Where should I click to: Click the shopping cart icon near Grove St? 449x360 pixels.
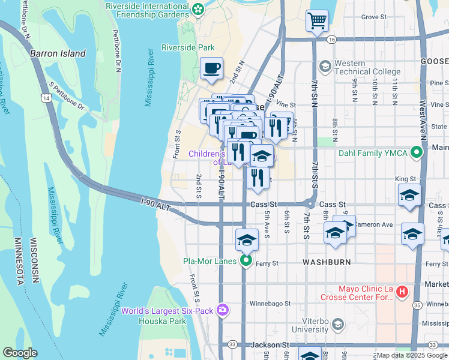coord(317,21)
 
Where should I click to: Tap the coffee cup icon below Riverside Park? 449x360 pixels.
coord(211,68)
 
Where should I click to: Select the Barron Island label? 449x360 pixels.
coord(58,53)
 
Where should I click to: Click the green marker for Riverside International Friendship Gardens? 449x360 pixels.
coord(198,10)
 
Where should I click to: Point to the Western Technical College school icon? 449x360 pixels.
coord(325,65)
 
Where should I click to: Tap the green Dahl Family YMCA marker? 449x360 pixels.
coord(416,153)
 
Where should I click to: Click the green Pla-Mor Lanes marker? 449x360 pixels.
coord(246,261)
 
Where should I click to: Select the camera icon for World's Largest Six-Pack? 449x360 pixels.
coord(223,310)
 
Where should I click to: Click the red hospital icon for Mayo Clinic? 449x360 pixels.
coord(402,293)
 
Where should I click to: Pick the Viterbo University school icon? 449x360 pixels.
coord(338,325)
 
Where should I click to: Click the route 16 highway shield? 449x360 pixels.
coord(331,40)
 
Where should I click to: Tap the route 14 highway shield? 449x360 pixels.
coord(46,97)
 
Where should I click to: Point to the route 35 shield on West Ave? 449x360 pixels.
coord(416,305)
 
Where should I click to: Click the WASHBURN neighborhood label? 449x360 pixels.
coord(327,263)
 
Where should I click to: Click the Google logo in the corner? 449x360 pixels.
coord(20,353)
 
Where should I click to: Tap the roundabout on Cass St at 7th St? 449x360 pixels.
coord(310,204)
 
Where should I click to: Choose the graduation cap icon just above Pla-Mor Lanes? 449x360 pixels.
coord(246,240)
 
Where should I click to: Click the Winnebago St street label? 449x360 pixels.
coord(270,304)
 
